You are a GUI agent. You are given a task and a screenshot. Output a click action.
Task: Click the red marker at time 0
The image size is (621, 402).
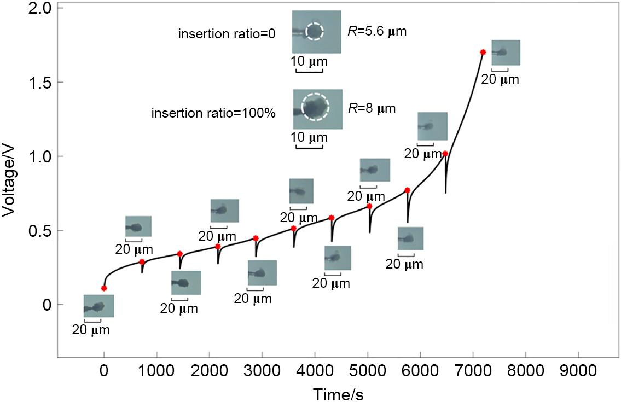104,288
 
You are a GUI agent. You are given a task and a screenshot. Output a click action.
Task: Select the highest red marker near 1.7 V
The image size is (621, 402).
483,52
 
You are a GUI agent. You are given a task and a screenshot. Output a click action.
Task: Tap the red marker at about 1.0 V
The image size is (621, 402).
445,154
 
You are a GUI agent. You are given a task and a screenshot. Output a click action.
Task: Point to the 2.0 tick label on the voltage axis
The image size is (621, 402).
39,9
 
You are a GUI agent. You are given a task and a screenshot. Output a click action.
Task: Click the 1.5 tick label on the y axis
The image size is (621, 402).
39,83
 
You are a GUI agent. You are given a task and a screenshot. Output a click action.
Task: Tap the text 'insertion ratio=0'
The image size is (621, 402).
227,34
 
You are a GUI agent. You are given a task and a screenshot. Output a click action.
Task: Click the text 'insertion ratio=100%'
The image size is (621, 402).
213,113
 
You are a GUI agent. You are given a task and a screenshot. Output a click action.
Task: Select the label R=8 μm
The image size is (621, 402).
372,108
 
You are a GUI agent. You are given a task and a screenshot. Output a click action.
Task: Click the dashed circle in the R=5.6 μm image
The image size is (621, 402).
315,31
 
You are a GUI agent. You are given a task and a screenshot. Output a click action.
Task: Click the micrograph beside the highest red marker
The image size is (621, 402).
506,53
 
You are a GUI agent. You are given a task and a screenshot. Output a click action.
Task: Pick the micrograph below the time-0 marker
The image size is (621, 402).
98,306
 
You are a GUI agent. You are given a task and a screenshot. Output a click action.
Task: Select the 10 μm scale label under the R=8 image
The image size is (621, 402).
311,137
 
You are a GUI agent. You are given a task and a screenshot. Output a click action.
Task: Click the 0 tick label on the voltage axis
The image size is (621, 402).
47,305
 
